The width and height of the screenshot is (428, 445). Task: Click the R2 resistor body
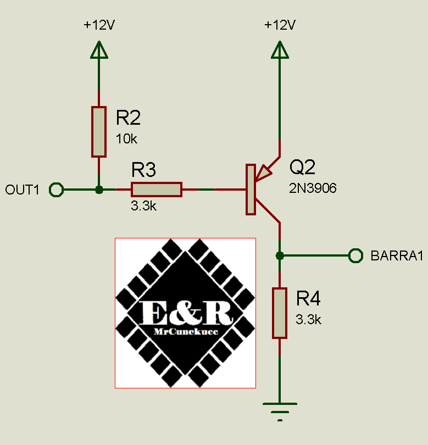tap(99, 132)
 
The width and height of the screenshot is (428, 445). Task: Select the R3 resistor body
tap(157, 190)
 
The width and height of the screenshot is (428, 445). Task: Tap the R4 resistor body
tap(280, 313)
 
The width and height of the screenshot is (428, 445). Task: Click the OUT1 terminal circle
tap(55, 190)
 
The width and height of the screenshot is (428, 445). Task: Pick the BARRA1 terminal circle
tap(356, 255)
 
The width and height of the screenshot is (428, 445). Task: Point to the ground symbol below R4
tap(280, 409)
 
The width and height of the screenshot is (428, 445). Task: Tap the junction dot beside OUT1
tap(99, 190)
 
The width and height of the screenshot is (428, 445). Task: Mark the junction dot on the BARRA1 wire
tap(280, 255)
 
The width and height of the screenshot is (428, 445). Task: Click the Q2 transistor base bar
tap(251, 190)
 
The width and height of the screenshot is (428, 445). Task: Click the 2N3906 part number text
tap(313, 188)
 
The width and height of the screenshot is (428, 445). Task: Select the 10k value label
tap(126, 139)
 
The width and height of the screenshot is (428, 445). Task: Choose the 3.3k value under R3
tap(143, 207)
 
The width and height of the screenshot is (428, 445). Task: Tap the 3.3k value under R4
tap(308, 320)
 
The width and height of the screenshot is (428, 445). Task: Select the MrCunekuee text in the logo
tap(186, 332)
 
